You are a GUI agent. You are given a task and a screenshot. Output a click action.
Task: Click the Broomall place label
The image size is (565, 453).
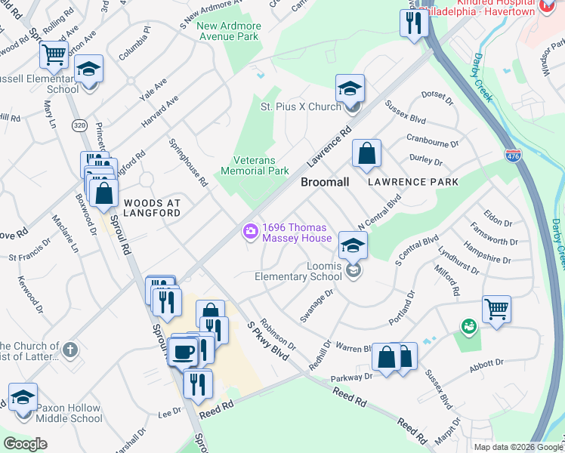click(x=325, y=183)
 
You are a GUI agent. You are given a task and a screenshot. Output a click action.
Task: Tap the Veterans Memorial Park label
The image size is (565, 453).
click(x=255, y=166)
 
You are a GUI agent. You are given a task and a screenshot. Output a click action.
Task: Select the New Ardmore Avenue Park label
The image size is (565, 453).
click(x=228, y=31)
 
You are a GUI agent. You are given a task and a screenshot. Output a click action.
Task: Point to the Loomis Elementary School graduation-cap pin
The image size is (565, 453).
click(x=353, y=245)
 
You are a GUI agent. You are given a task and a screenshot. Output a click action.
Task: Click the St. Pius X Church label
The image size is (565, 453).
click(x=301, y=106)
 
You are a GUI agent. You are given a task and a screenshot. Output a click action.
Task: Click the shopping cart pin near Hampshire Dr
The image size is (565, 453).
click(x=496, y=308)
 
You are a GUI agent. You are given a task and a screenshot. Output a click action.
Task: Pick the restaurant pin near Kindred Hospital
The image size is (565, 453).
click(x=414, y=22)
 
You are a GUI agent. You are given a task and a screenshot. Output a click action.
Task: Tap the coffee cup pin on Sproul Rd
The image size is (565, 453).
click(x=183, y=351)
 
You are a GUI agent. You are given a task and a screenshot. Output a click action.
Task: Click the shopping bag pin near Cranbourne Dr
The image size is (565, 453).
click(x=366, y=153)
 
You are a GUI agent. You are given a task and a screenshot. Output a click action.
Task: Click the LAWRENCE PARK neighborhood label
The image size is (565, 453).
click(x=413, y=183)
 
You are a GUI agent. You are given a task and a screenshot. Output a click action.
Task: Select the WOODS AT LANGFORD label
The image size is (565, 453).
click(x=152, y=208)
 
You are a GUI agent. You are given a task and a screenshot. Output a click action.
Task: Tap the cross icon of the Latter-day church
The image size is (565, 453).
click(x=69, y=350)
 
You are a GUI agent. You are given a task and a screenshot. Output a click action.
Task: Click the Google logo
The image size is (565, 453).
click(x=25, y=444)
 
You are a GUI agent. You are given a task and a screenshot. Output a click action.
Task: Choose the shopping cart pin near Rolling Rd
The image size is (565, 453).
click(x=54, y=54)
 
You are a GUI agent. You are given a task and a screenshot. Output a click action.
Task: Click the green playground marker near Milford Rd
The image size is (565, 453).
click(x=469, y=326)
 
